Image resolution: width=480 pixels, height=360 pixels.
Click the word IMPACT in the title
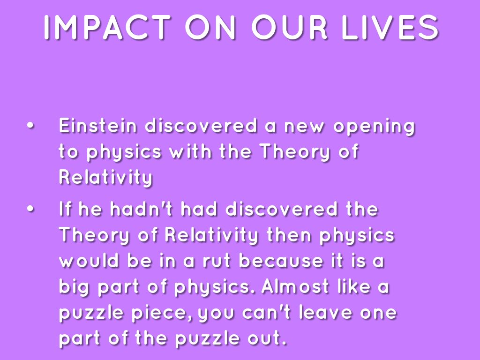(107, 27)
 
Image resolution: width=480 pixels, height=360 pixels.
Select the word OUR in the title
(289, 27)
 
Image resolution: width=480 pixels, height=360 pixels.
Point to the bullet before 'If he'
(30, 209)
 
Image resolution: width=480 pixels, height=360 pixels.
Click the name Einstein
(97, 126)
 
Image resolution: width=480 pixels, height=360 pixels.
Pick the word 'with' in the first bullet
(190, 151)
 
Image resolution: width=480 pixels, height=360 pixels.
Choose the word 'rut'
(217, 261)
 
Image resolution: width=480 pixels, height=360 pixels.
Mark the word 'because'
(281, 261)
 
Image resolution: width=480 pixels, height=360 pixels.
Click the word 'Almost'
(296, 286)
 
